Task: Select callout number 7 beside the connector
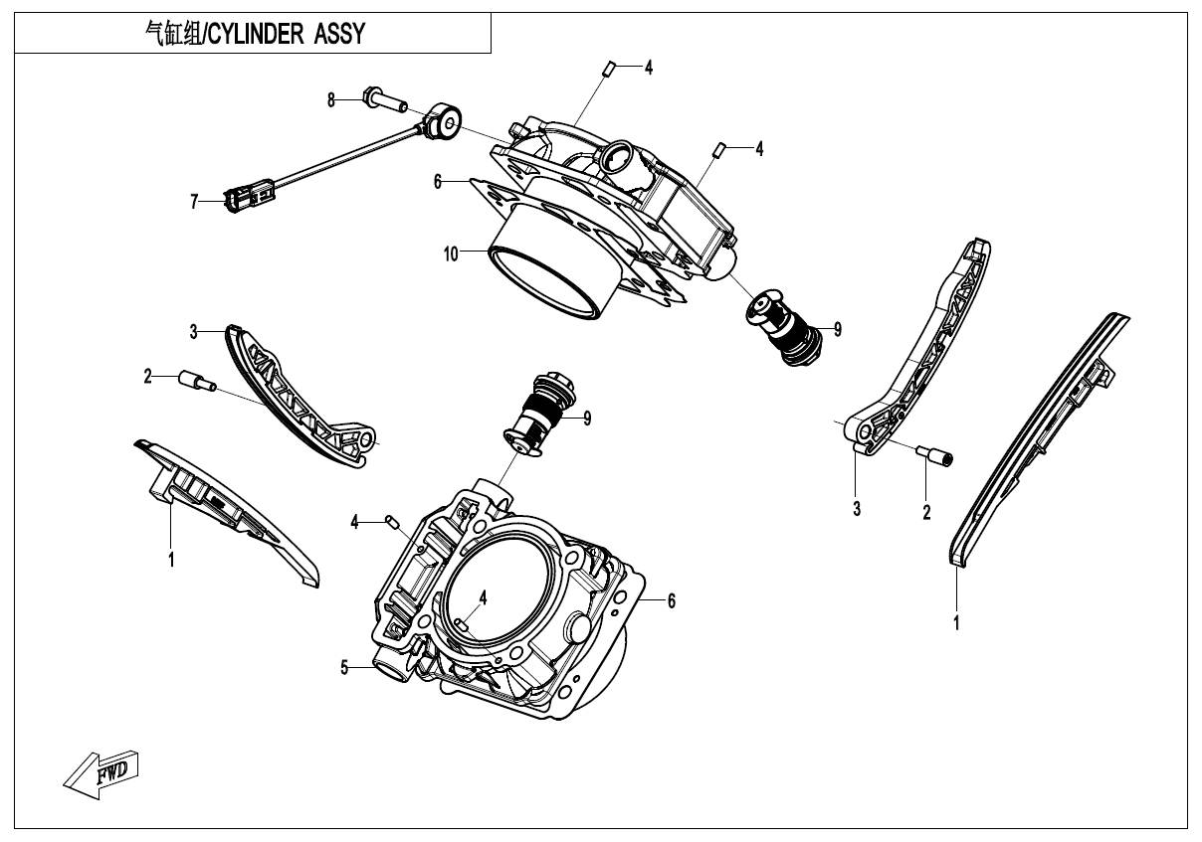pyautogui.click(x=194, y=202)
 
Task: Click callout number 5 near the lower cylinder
pyautogui.click(x=345, y=667)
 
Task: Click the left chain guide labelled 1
pyautogui.click(x=229, y=512)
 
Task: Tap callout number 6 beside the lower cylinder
pyautogui.click(x=672, y=600)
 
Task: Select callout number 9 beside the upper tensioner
pyautogui.click(x=838, y=328)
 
